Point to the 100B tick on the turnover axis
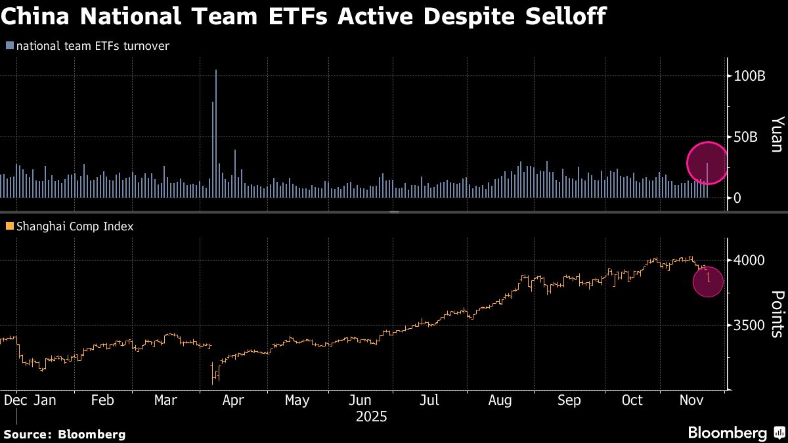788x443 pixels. point(749,76)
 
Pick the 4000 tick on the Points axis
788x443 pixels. point(749,260)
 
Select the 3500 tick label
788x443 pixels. point(749,326)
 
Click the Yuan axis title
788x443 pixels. point(777,135)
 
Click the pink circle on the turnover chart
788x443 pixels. point(707,162)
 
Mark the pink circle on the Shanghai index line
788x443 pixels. point(708,282)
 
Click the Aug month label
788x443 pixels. point(501,400)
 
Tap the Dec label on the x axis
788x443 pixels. point(15,400)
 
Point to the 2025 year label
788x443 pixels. point(371,417)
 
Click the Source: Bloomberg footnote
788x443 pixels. point(64,434)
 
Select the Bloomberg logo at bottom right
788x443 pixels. point(735,432)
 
